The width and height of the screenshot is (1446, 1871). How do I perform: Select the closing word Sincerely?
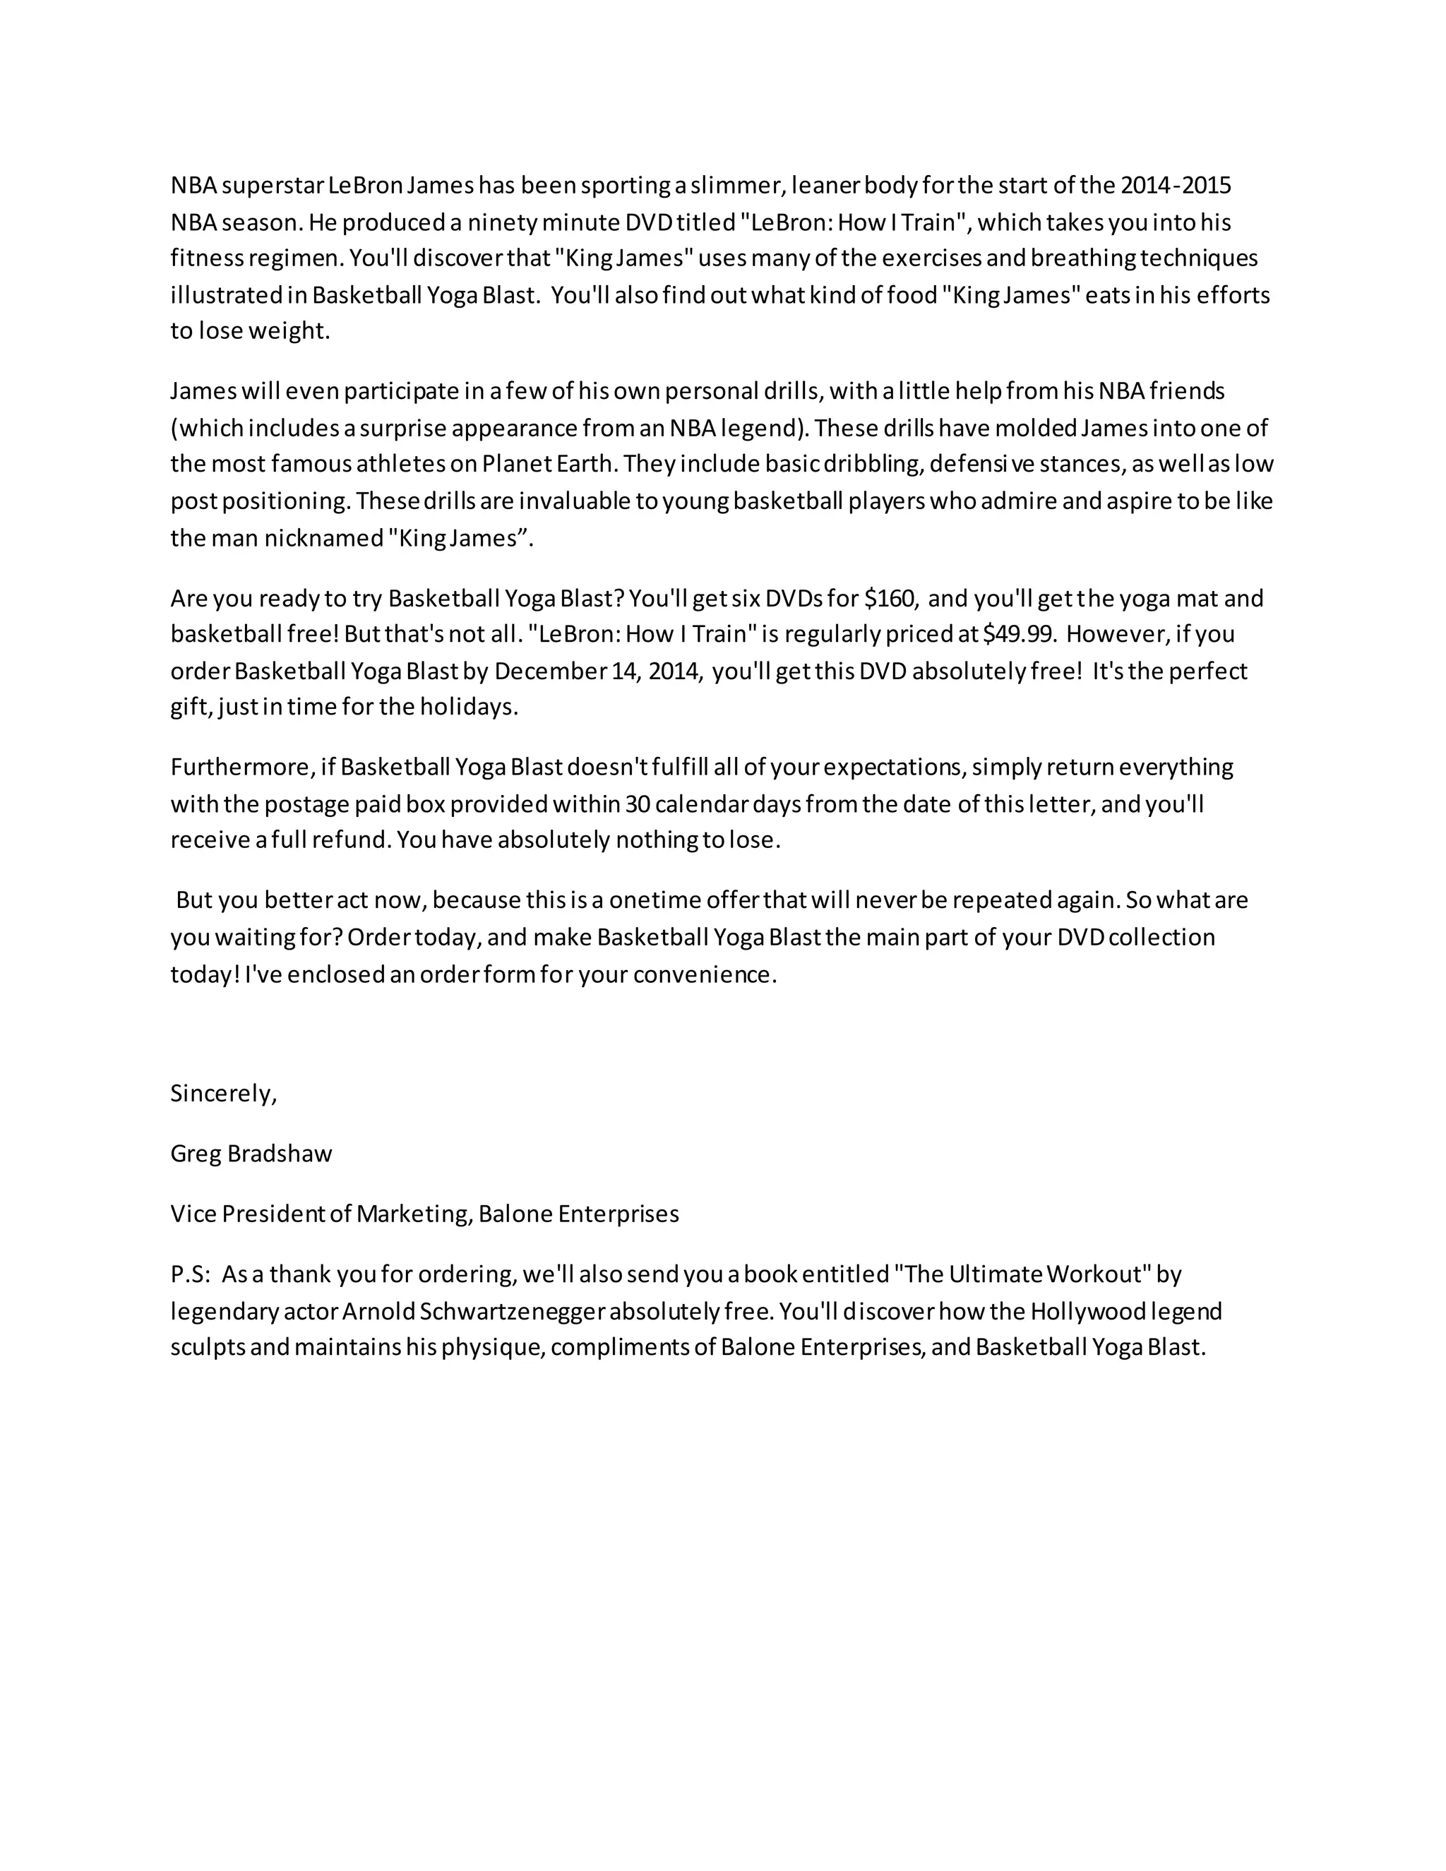click(222, 1093)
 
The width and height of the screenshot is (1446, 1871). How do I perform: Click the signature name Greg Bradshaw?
click(251, 1154)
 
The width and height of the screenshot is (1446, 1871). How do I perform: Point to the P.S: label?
click(190, 1274)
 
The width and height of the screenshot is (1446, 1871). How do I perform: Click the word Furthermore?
click(241, 767)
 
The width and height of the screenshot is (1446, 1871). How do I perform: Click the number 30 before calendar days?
click(638, 803)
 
